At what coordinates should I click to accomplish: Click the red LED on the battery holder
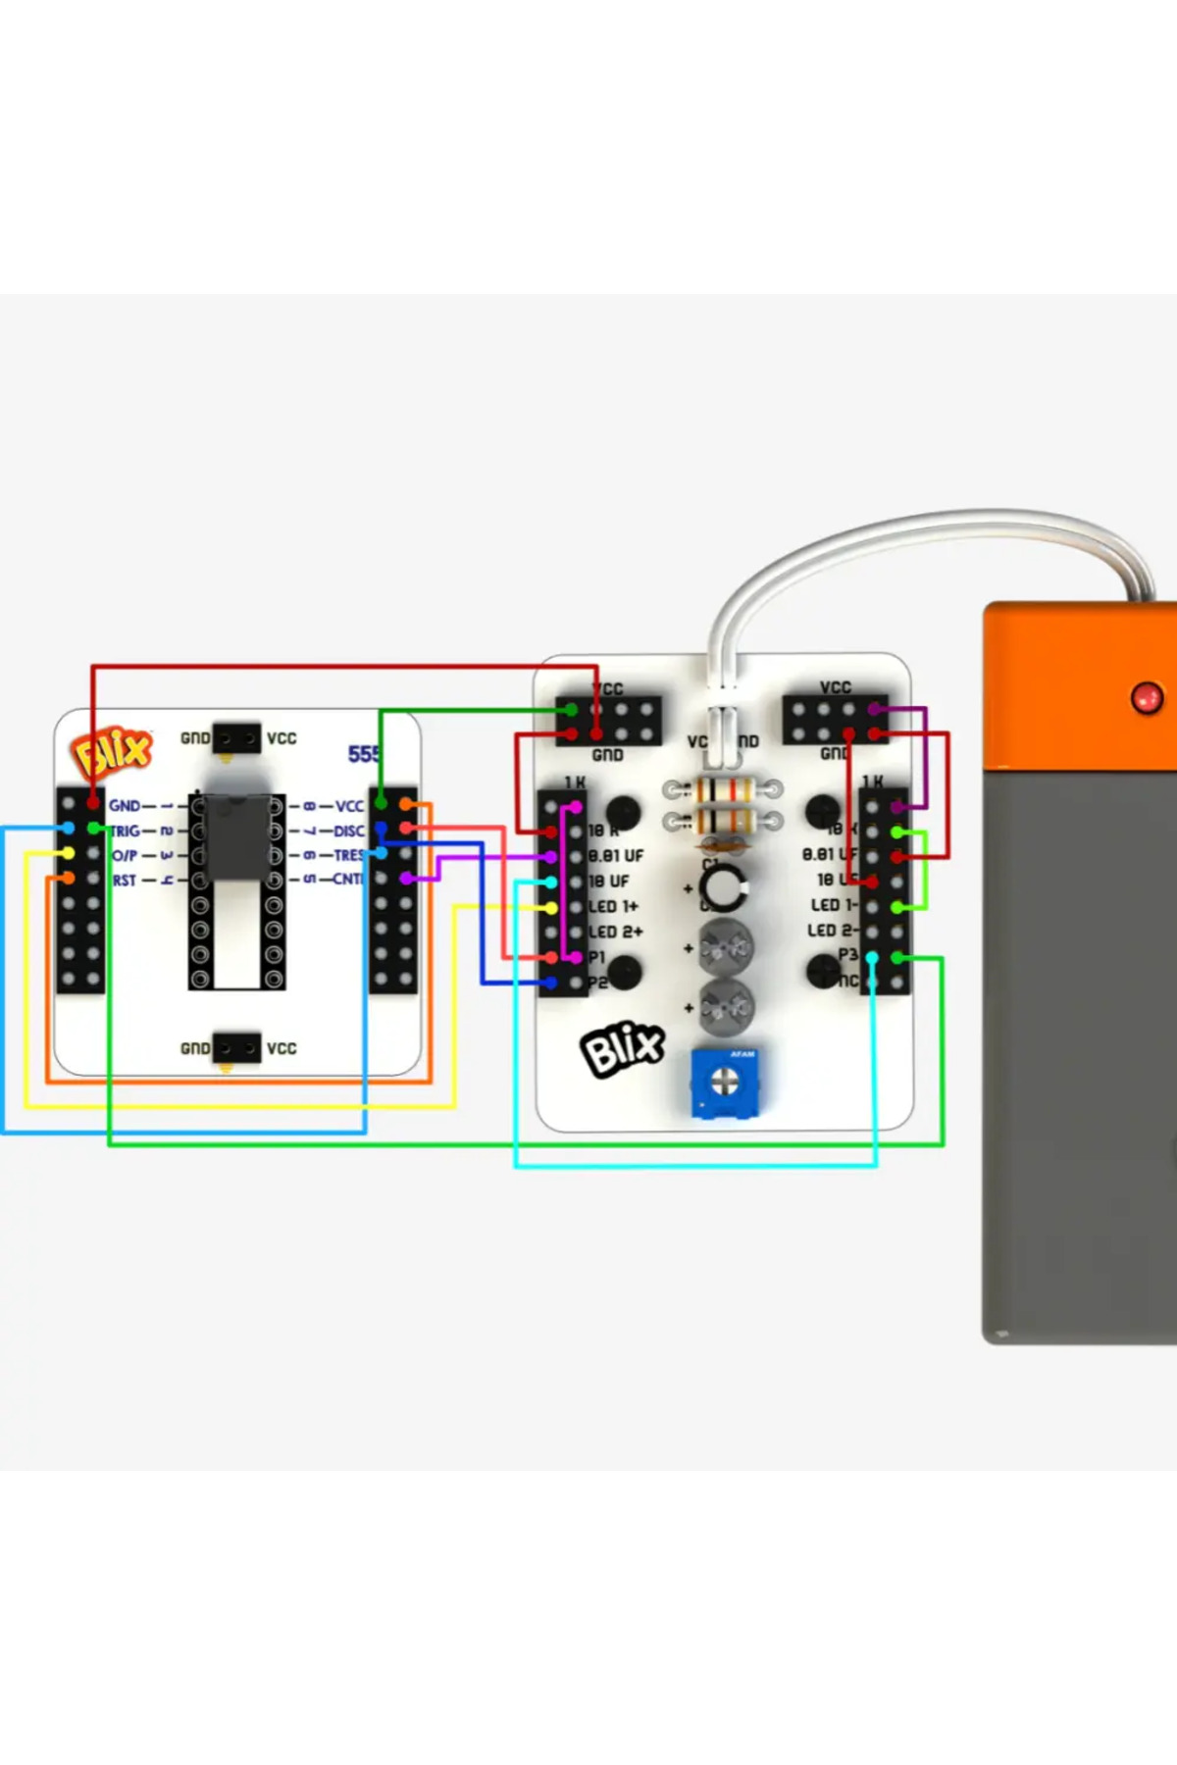tap(1147, 698)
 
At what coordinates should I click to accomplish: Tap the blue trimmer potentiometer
tap(724, 1083)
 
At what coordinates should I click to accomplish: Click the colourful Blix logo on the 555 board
tap(111, 753)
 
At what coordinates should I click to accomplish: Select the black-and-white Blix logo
tap(623, 1049)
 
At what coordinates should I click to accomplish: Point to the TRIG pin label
tap(125, 831)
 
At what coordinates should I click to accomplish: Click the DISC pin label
tap(348, 832)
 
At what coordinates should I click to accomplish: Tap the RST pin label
tap(125, 881)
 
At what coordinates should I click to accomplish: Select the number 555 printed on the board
tap(364, 754)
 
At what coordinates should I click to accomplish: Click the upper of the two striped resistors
tap(723, 788)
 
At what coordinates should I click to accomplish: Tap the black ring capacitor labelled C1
tap(724, 886)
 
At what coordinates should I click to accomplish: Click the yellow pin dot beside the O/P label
tap(68, 854)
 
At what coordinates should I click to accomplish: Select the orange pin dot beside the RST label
tap(68, 879)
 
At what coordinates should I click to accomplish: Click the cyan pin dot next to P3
tap(872, 957)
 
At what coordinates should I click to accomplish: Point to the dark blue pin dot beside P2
tap(551, 982)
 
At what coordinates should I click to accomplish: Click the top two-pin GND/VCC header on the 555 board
tap(236, 738)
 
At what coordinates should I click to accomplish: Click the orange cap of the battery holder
tap(1079, 686)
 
